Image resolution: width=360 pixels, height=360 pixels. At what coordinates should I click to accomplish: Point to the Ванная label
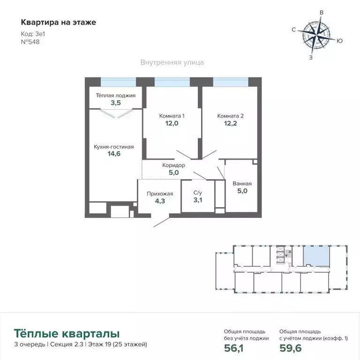coord(242,184)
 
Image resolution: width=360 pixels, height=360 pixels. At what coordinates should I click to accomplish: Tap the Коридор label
coord(173,165)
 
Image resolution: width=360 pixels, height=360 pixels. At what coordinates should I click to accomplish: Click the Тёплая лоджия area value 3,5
coord(116,103)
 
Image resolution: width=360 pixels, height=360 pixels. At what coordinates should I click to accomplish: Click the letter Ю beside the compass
coord(340,41)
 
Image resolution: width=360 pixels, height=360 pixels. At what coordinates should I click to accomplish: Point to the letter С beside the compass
coord(293,30)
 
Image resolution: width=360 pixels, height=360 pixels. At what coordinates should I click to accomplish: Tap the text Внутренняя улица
coord(172,62)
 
